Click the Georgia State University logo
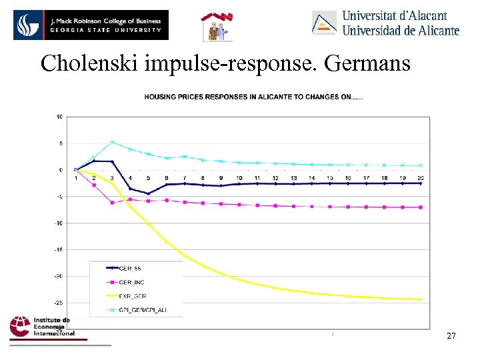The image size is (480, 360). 91,25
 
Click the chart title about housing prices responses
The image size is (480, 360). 253,97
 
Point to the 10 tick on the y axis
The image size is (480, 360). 59,117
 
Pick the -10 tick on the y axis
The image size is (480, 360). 59,223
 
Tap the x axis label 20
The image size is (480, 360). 421,178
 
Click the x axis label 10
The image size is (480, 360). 239,178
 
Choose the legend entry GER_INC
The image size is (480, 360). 131,283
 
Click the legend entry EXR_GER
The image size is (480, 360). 131,296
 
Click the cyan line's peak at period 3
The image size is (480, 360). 112,141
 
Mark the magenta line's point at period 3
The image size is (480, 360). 112,203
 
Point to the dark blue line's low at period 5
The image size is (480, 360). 148,194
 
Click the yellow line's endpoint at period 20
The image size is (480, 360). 421,299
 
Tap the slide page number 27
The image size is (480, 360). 451,336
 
